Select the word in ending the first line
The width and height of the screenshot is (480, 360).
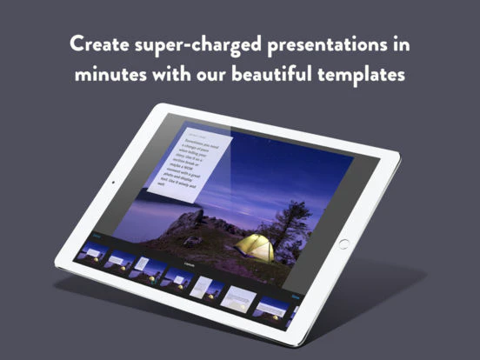click(400, 44)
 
